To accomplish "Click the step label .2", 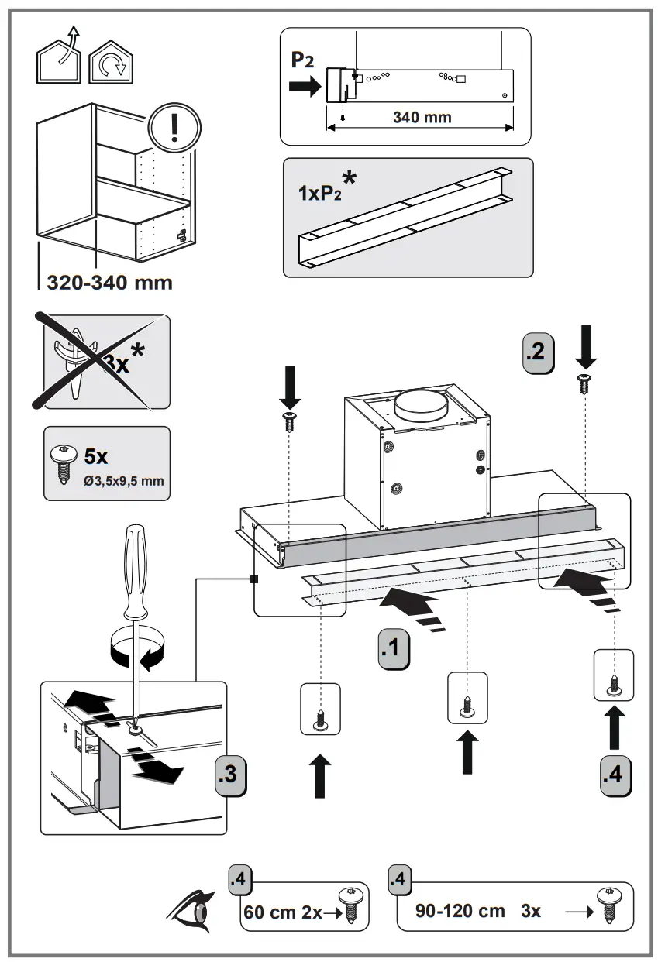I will coord(539,352).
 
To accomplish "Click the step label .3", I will coord(230,774).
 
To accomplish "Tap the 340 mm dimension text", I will coord(422,118).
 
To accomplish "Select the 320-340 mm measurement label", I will coord(109,282).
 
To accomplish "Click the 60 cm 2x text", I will coord(282,912).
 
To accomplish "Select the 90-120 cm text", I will coord(460,911).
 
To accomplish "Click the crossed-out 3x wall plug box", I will coord(105,362).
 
